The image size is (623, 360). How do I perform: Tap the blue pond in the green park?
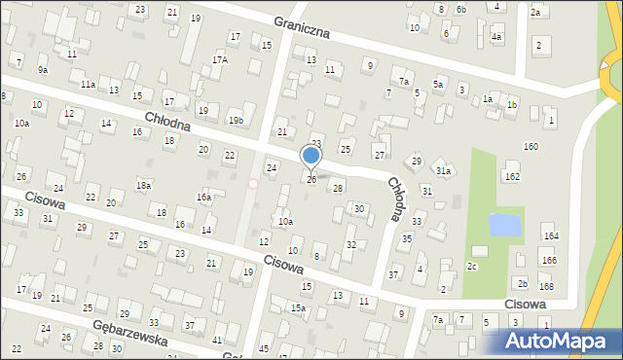[503, 226]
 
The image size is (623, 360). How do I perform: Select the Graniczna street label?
[302, 26]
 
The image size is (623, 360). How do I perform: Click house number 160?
[531, 146]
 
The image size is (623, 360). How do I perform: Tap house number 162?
[512, 176]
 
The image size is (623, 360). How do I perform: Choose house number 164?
[551, 236]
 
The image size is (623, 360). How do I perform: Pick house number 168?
[546, 286]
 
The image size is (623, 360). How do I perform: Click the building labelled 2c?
[473, 266]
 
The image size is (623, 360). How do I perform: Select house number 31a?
[444, 170]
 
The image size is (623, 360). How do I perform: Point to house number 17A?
[220, 59]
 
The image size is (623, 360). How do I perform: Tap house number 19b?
[236, 120]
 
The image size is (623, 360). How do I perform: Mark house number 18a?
[144, 185]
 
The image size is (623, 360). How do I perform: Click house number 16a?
[203, 197]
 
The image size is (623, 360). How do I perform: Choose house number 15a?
[298, 308]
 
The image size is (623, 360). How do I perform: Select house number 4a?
[496, 36]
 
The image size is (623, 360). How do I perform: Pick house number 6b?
[461, 10]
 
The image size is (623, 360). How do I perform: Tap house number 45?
[264, 348]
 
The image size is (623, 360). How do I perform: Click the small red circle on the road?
[253, 183]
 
